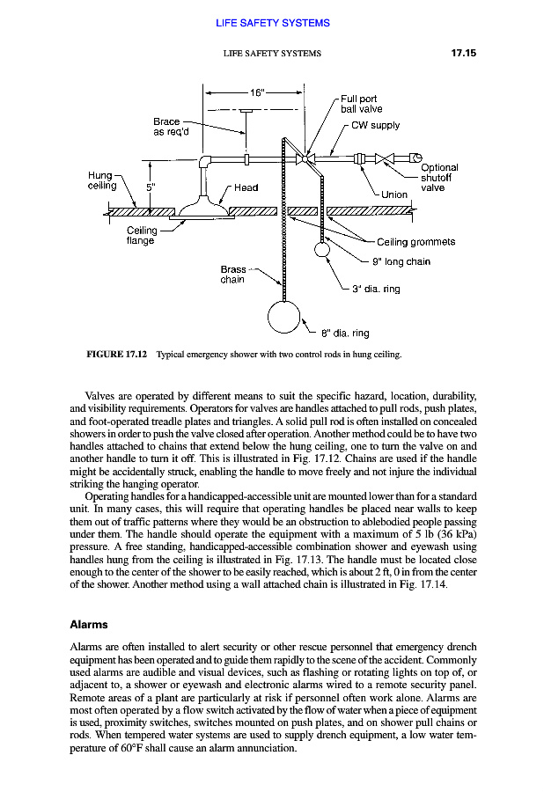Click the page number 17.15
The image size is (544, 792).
pos(458,54)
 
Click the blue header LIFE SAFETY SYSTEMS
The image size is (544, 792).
pos(272,23)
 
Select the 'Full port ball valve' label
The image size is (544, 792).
pos(361,104)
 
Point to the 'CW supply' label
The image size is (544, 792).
pos(375,125)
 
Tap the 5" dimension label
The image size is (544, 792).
pos(151,187)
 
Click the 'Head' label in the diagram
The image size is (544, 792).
pos(246,187)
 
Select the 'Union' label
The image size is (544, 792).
pos(394,194)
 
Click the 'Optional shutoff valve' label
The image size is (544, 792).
pos(439,178)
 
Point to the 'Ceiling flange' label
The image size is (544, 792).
pos(141,236)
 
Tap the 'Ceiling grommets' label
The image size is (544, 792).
pos(415,242)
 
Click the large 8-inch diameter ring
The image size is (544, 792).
pos(284,318)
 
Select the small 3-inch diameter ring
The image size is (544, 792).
pos(322,249)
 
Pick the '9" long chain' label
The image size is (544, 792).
pos(401,261)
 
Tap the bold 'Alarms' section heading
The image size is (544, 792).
pos(88,625)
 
